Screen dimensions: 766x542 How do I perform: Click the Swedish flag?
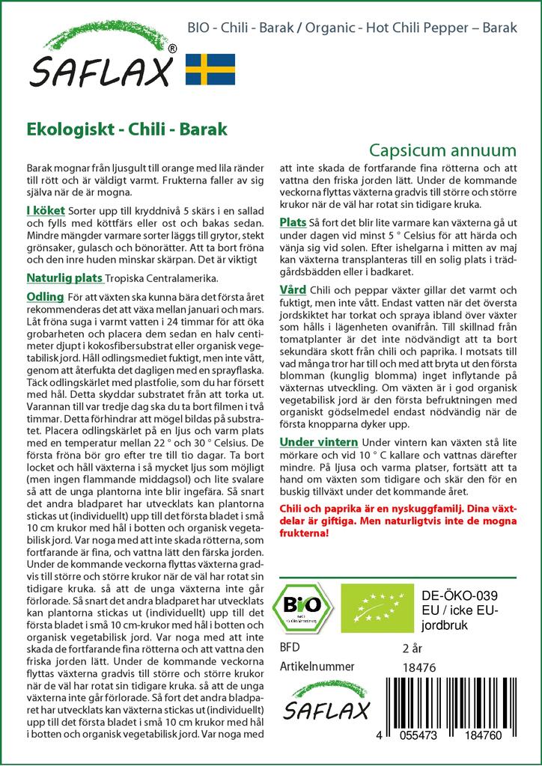coord(210,69)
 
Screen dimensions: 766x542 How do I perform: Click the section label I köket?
coord(45,211)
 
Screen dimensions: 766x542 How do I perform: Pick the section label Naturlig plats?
coord(64,278)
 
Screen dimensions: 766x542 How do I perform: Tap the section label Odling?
coord(44,298)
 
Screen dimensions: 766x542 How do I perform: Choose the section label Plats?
coord(293,222)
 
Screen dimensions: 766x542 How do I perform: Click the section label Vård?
coord(292,289)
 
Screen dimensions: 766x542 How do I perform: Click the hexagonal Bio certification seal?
coord(302,604)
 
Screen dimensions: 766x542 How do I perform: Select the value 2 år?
coord(412,647)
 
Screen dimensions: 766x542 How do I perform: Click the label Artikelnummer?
coord(315,667)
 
